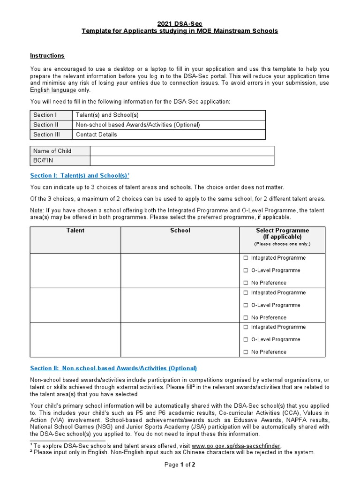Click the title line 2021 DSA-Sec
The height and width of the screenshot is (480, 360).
180,23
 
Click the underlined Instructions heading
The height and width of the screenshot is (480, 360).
47,56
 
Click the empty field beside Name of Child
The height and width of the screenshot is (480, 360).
182,151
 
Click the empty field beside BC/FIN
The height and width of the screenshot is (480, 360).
182,161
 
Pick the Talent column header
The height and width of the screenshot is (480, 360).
75,231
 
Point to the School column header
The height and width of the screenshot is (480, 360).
180,231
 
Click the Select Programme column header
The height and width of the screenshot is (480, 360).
282,233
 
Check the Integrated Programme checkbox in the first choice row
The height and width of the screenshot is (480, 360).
246,258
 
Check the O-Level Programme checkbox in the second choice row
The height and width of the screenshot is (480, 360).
246,305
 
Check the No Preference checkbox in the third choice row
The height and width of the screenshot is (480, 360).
246,352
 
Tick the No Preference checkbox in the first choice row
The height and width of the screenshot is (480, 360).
246,283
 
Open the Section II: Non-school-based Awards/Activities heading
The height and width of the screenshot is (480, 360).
113,368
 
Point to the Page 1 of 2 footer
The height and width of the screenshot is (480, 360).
180,465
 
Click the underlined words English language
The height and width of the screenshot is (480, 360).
53,90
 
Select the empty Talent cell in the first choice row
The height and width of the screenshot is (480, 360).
75,270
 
